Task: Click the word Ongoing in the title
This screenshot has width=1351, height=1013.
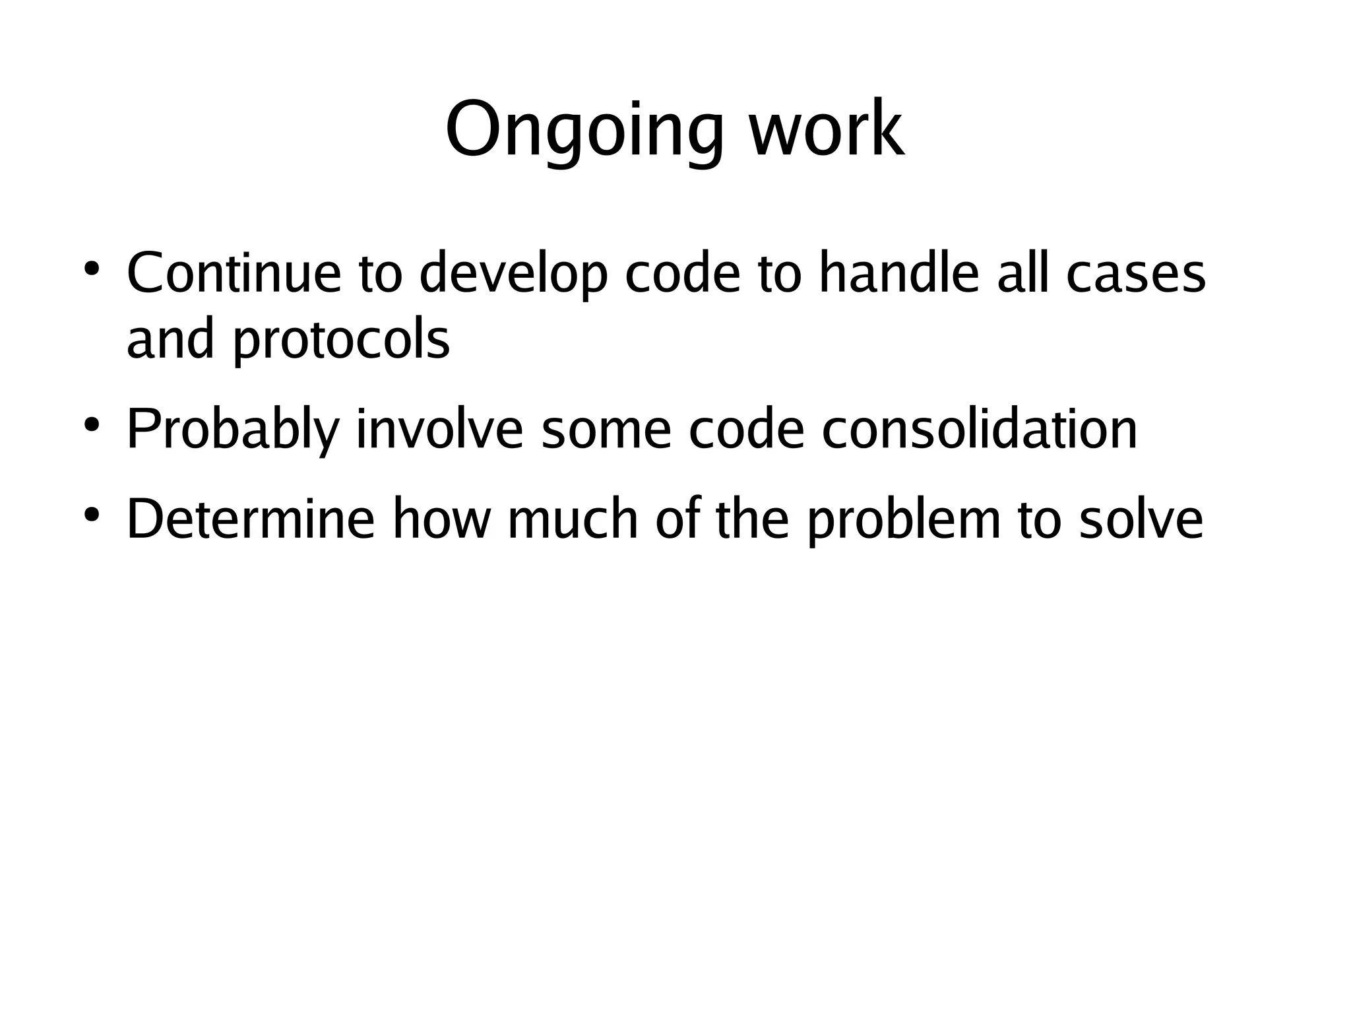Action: (584, 130)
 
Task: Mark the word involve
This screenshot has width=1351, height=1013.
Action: (439, 430)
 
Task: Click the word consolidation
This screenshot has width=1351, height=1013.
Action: (980, 430)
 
